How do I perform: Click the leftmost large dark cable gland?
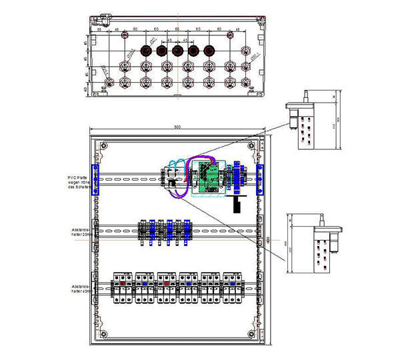click(145, 51)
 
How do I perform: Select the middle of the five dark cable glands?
click(177, 51)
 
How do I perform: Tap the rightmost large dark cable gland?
click(210, 51)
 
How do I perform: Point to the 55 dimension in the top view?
click(98, 31)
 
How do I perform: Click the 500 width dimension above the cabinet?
click(177, 127)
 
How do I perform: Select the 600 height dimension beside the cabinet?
click(268, 239)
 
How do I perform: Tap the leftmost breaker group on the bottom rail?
click(123, 287)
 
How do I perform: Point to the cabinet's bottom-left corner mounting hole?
click(103, 333)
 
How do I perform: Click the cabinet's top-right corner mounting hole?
click(253, 145)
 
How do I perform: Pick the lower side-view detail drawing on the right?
click(313, 243)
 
